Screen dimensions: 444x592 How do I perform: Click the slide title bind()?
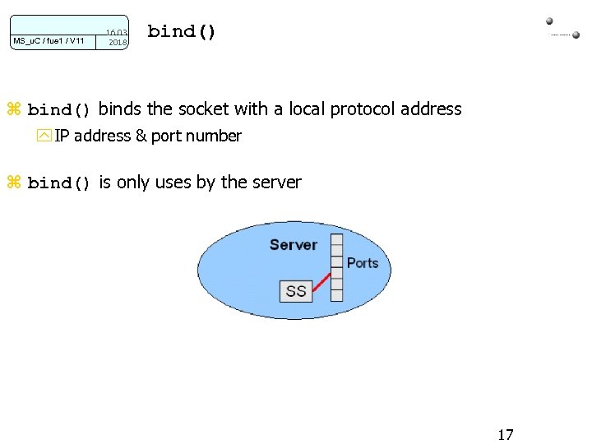182,32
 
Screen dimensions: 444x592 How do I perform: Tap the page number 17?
506,434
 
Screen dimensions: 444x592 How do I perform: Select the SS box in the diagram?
296,291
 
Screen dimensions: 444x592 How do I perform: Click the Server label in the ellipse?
294,244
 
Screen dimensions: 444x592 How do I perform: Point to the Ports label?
363,263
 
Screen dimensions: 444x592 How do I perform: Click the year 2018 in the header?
118,42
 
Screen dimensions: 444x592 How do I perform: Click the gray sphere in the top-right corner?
549,21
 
